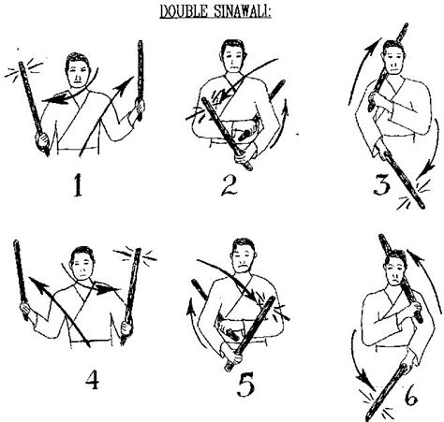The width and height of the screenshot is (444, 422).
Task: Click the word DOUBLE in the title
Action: pos(184,11)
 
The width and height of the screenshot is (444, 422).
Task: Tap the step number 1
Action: pos(78,185)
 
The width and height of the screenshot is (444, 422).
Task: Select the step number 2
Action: pos(229,184)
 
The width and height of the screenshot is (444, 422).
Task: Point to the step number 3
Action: pos(382,184)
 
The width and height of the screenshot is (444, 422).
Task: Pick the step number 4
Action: pos(93,379)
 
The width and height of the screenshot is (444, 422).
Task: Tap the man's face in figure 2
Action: pos(232,60)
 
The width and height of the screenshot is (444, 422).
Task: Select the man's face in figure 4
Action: pos(82,266)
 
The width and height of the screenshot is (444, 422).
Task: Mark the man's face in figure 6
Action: pos(396,270)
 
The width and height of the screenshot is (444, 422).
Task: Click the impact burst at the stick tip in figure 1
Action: pos(23,70)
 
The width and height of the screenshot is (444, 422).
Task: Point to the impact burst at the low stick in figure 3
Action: pos(416,194)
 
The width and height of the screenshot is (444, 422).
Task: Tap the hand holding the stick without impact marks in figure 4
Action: pos(24,310)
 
